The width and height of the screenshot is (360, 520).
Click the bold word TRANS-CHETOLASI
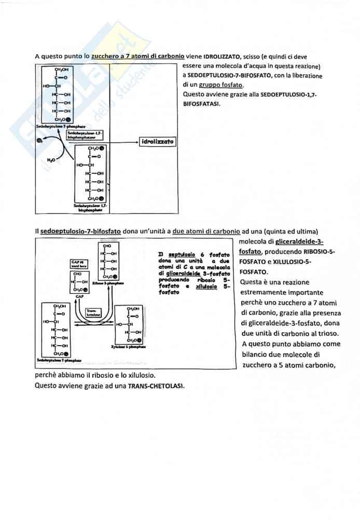click(156, 386)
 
